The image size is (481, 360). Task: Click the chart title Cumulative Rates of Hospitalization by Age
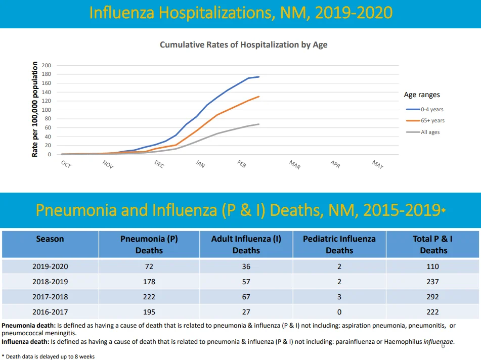(244, 45)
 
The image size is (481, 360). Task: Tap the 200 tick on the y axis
(47, 65)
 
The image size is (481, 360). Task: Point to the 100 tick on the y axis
(47, 110)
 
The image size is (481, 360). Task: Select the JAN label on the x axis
(200, 164)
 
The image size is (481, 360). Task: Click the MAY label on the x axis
(378, 164)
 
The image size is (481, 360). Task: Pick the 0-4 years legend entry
(424, 110)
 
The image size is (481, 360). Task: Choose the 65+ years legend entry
(425, 120)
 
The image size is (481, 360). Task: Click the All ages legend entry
(423, 132)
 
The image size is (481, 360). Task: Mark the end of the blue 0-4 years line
(259, 77)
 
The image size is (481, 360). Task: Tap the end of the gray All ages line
(259, 124)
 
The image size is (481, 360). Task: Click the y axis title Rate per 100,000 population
(35, 109)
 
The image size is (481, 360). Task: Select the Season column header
(50, 239)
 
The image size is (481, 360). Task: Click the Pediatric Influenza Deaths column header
(339, 244)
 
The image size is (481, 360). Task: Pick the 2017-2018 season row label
(50, 297)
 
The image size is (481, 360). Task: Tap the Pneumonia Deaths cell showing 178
(149, 282)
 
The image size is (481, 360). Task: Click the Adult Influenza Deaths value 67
(246, 297)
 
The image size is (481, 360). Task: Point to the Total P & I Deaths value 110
(432, 266)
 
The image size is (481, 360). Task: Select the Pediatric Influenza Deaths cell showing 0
(339, 312)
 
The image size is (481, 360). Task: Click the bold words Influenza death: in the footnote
(25, 342)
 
